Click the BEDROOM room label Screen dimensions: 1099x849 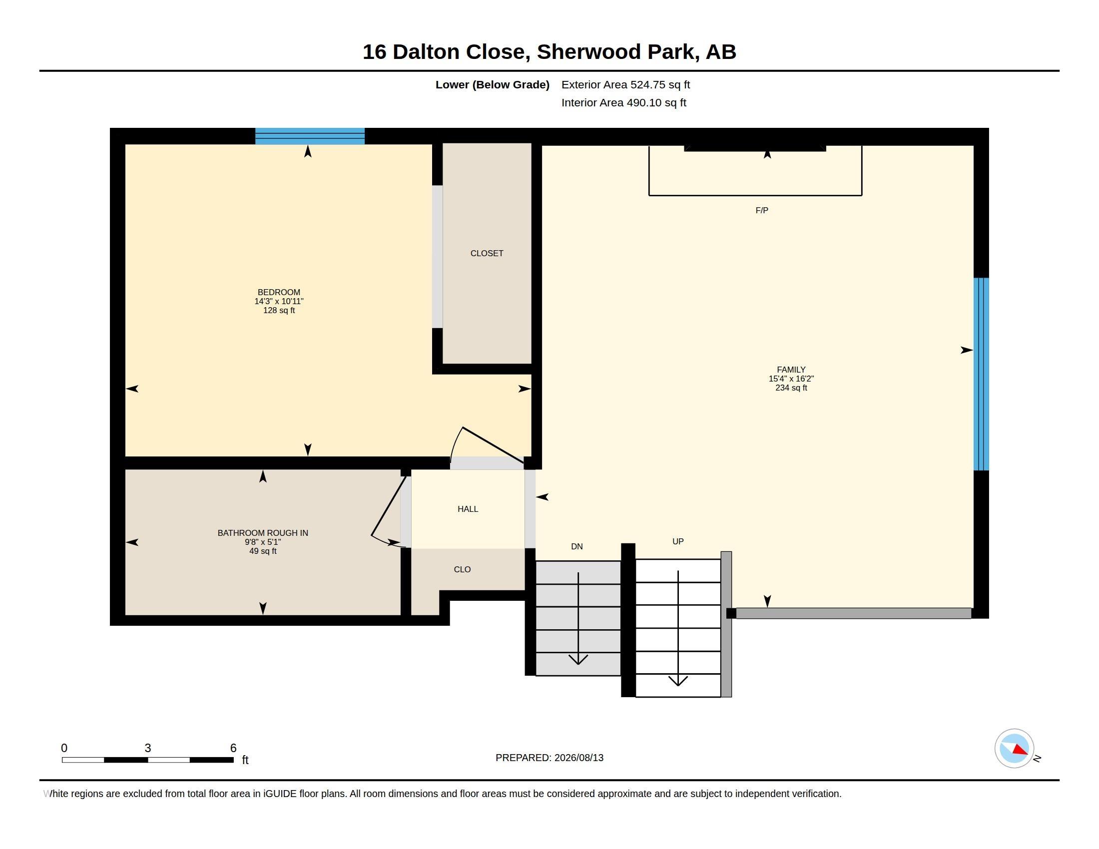click(x=279, y=292)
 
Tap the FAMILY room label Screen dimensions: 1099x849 click(x=791, y=370)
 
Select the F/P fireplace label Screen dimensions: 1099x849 click(x=762, y=210)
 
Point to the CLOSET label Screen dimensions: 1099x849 click(x=487, y=254)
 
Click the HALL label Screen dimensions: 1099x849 click(x=468, y=509)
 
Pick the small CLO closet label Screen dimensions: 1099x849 click(x=463, y=569)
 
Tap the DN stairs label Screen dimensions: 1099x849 click(x=576, y=546)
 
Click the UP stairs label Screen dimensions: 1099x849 click(x=678, y=541)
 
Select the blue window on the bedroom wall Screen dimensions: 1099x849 click(x=310, y=136)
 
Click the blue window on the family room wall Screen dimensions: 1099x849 click(x=981, y=374)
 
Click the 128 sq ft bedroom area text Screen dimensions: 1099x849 click(x=279, y=310)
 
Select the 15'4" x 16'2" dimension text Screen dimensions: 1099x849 click(x=791, y=379)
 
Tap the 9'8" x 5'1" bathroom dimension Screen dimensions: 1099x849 click(x=263, y=542)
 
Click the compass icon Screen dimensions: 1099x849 click(x=1014, y=749)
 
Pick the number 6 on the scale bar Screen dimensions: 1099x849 click(x=233, y=748)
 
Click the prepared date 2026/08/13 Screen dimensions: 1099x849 click(x=578, y=758)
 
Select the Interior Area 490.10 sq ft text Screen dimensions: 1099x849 click(x=623, y=102)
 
